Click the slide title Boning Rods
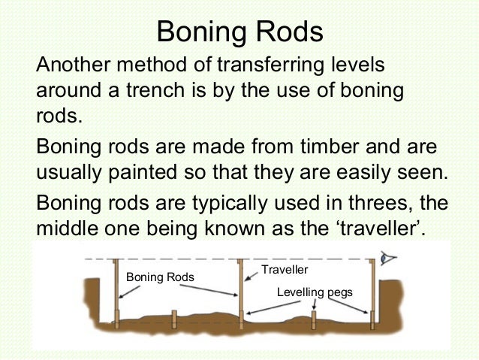click(x=239, y=32)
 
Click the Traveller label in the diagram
click(x=285, y=269)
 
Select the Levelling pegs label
click(x=315, y=290)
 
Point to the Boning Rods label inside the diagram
click(x=159, y=277)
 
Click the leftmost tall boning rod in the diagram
click(x=116, y=293)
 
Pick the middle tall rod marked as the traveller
click(x=239, y=293)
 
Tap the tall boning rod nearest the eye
click(x=372, y=293)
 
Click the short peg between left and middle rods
click(x=173, y=319)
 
